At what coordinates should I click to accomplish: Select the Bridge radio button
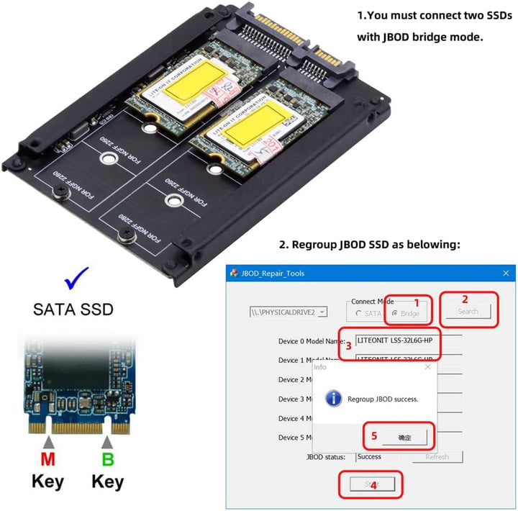[395, 314]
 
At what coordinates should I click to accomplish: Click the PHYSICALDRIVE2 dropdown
[288, 312]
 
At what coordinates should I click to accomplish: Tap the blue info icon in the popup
[332, 397]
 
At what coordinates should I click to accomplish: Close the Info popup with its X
[428, 366]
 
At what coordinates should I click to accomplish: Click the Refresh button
[437, 456]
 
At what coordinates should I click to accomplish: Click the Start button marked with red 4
[371, 484]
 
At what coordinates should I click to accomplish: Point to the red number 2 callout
[465, 299]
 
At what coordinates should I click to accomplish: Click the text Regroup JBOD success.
[382, 398]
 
